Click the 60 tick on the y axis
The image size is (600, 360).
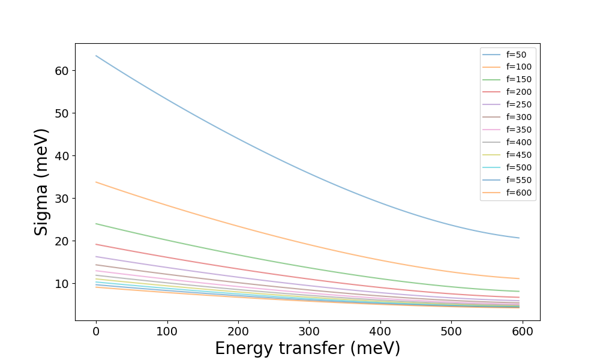coord(61,71)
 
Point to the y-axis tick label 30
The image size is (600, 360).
coord(61,199)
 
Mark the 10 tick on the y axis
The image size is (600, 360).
coord(61,284)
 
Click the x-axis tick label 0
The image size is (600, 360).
coord(96,331)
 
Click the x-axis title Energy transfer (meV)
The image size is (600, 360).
coord(307,349)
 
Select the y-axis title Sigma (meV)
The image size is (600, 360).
coord(41,182)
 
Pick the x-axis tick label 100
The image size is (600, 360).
coord(167,331)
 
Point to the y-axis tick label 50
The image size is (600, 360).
coord(61,113)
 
